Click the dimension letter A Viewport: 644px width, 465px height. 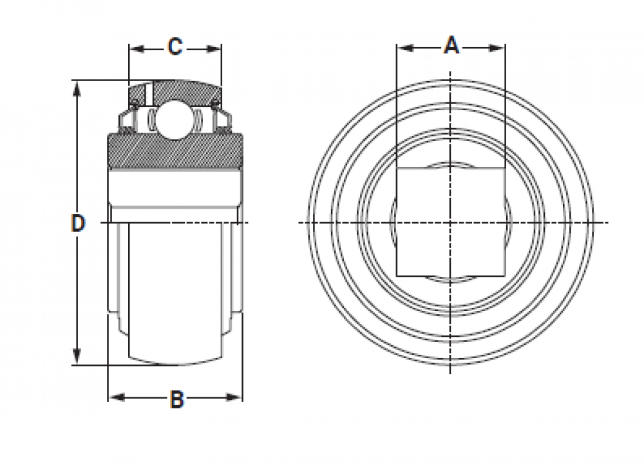pyautogui.click(x=451, y=45)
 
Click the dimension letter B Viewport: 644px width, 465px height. pyautogui.click(x=176, y=399)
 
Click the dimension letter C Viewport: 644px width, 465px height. pyautogui.click(x=175, y=46)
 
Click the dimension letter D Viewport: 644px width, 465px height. pyautogui.click(x=78, y=223)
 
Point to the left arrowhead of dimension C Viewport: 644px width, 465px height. pyautogui.click(x=137, y=50)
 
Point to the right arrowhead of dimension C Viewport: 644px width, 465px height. pyautogui.click(x=214, y=50)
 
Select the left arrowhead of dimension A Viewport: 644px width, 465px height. pyautogui.click(x=405, y=48)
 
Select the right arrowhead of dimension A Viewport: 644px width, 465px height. pyautogui.click(x=497, y=48)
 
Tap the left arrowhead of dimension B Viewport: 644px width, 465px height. pyautogui.click(x=117, y=397)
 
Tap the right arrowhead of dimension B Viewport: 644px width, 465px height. pyautogui.click(x=234, y=397)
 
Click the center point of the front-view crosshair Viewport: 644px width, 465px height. pyautogui.click(x=451, y=223)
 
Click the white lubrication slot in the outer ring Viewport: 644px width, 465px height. pyautogui.click(x=149, y=93)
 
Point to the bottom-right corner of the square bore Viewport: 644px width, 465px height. pyautogui.click(x=505, y=276)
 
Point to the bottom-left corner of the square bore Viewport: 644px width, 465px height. pyautogui.click(x=397, y=276)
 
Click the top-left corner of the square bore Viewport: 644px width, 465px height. pyautogui.click(x=397, y=167)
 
